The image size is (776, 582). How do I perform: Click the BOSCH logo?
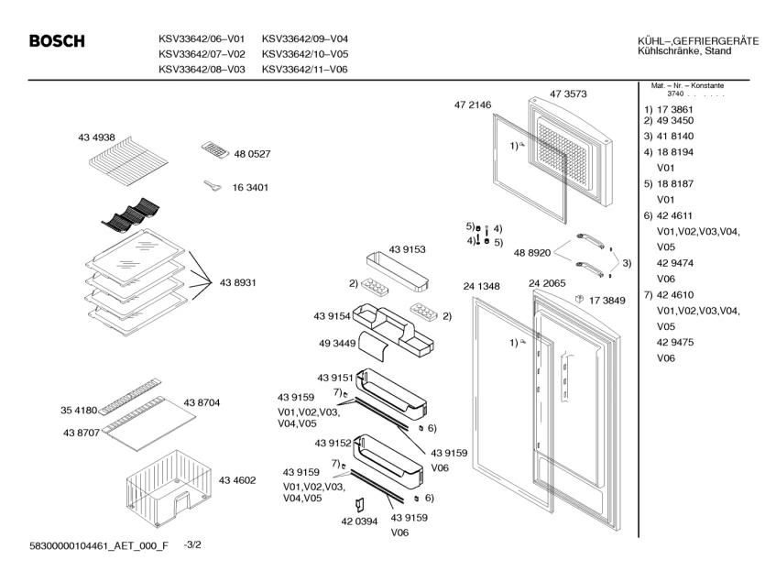(x=57, y=42)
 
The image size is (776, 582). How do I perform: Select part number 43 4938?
(x=96, y=137)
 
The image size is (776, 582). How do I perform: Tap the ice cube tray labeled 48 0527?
(x=216, y=151)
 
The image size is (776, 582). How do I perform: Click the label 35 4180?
(x=80, y=411)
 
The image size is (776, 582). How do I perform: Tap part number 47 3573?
(x=568, y=93)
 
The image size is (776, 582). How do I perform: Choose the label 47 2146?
(x=473, y=105)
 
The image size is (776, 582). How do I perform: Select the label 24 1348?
(x=481, y=287)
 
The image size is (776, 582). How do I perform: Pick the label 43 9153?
(x=407, y=249)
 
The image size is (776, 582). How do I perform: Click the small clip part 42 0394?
(x=359, y=504)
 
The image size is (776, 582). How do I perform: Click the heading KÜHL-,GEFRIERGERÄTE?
(x=697, y=40)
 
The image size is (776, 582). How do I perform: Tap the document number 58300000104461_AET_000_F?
(x=87, y=547)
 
